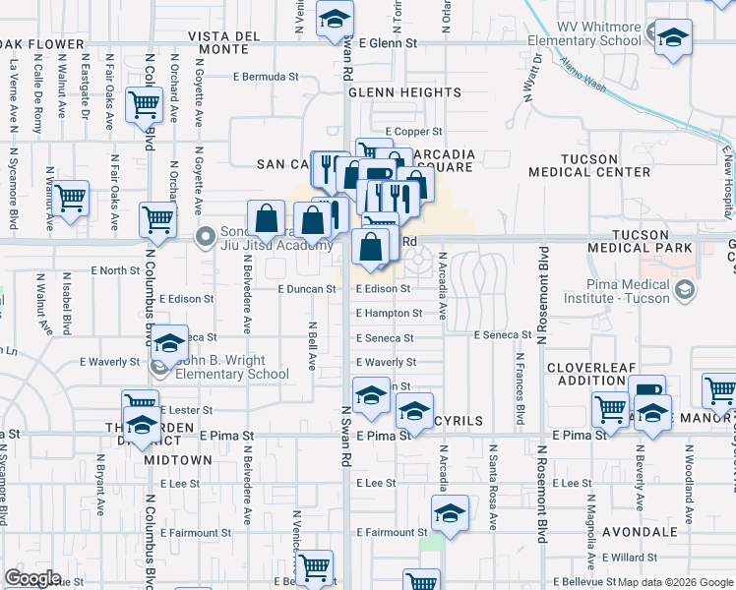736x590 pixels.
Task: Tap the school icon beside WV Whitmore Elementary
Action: tap(673, 39)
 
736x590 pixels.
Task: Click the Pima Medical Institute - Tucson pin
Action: tap(686, 291)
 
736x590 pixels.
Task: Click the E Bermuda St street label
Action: tap(266, 77)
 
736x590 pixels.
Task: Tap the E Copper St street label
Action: tap(413, 131)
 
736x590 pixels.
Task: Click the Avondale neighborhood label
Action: tap(640, 532)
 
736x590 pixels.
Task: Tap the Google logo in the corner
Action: tap(32, 577)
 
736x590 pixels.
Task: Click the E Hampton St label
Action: tap(390, 314)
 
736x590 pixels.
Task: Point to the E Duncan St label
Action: tap(307, 290)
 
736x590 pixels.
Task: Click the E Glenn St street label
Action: tap(389, 43)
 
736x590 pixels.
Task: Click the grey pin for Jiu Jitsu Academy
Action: tap(206, 236)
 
